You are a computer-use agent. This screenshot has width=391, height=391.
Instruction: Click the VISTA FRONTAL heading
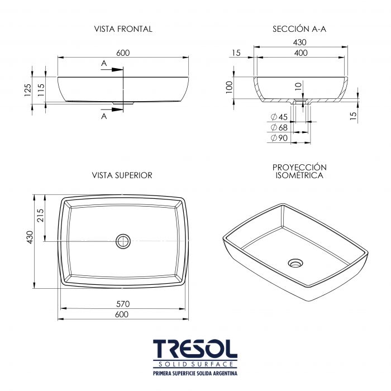click(123, 29)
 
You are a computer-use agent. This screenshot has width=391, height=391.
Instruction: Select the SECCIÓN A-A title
click(299, 29)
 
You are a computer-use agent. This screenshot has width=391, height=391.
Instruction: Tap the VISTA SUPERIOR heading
click(122, 175)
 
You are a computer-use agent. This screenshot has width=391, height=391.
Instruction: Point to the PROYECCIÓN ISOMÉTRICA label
click(299, 171)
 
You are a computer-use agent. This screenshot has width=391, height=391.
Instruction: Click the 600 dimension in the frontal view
click(123, 53)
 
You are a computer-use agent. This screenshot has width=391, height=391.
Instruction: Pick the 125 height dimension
click(28, 90)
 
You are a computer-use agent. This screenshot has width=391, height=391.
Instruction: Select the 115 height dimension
click(41, 90)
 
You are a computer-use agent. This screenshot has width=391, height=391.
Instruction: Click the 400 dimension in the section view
click(301, 53)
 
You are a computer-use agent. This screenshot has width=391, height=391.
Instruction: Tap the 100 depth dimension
click(229, 87)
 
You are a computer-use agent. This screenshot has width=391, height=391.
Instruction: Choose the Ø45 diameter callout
click(279, 117)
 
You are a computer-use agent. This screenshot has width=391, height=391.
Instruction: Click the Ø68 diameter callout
click(279, 127)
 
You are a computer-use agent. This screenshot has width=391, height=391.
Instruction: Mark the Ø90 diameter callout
click(279, 138)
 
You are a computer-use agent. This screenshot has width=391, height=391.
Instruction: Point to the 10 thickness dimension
click(298, 86)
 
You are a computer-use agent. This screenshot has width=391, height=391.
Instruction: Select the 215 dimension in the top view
click(40, 215)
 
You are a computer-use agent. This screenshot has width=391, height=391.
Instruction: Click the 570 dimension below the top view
click(123, 304)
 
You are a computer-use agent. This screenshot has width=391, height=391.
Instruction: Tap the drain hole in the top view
click(123, 241)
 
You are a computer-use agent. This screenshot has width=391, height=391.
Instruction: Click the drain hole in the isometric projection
click(295, 263)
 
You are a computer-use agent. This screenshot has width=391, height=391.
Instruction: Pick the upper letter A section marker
click(104, 63)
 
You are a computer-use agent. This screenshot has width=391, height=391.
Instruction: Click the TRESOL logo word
click(195, 349)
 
